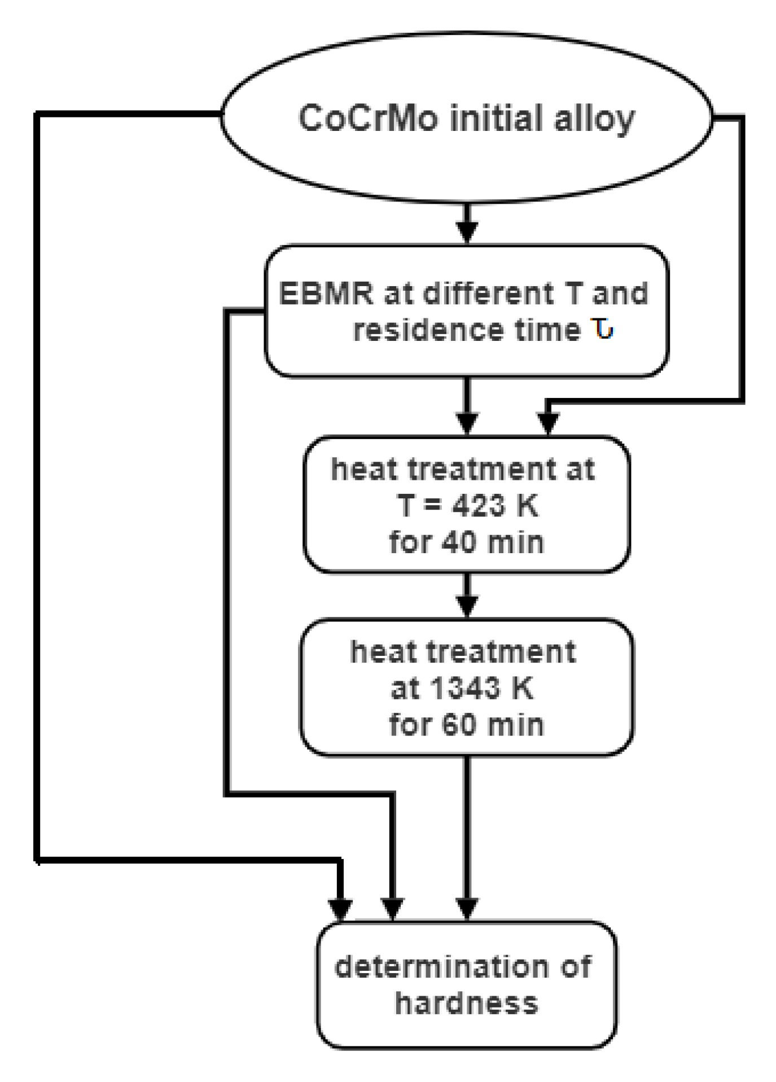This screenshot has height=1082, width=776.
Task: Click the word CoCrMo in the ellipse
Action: (x=367, y=119)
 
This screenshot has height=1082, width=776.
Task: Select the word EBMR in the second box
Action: (x=326, y=294)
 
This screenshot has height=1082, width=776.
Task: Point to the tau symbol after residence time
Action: (x=603, y=329)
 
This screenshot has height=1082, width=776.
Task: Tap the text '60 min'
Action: (x=492, y=725)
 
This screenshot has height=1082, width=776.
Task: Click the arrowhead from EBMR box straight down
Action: (x=467, y=423)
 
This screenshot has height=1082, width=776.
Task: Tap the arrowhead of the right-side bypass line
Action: (x=547, y=423)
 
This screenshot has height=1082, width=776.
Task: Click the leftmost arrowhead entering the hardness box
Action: (x=340, y=909)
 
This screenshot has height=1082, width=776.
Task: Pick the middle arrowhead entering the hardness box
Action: (x=393, y=909)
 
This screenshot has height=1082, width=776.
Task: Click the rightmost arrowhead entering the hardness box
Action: (x=467, y=909)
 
